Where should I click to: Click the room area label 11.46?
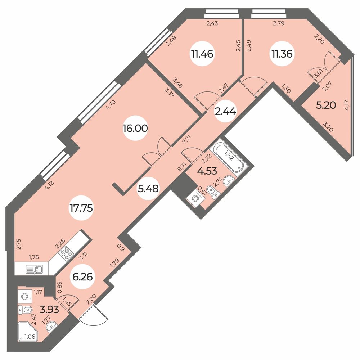pyautogui.click(x=202, y=54)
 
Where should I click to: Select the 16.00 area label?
pyautogui.click(x=135, y=129)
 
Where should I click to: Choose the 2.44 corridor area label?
pyautogui.click(x=225, y=112)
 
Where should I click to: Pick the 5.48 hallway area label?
pyautogui.click(x=148, y=188)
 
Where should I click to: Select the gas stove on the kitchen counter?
pyautogui.click(x=66, y=254)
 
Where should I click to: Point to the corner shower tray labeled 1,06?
pyautogui.click(x=28, y=332)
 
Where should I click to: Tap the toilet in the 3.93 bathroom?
pyautogui.click(x=25, y=309)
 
